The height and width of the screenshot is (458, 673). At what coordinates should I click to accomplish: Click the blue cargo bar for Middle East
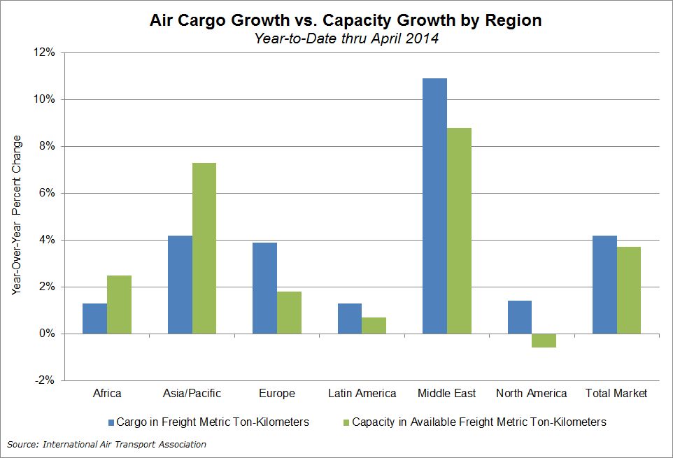pyautogui.click(x=435, y=206)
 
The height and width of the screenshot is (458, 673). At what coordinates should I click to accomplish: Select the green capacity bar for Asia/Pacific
pyautogui.click(x=204, y=248)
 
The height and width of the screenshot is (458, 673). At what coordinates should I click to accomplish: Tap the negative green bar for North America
pyautogui.click(x=544, y=341)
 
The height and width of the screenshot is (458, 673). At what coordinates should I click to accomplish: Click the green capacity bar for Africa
pyautogui.click(x=119, y=304)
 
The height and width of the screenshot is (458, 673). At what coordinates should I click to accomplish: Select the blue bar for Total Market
pyautogui.click(x=604, y=285)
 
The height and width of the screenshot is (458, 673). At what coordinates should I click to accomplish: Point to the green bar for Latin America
pyautogui.click(x=374, y=325)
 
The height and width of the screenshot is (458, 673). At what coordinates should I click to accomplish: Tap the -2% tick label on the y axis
pyautogui.click(x=45, y=380)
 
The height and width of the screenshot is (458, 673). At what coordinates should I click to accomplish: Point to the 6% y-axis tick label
pyautogui.click(x=47, y=193)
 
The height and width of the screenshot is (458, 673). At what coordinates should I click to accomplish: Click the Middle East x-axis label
pyautogui.click(x=446, y=393)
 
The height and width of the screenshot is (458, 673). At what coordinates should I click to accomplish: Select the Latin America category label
pyautogui.click(x=362, y=393)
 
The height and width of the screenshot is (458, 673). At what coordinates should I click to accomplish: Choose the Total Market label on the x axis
pyautogui.click(x=616, y=393)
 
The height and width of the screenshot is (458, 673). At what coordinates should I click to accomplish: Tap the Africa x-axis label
pyautogui.click(x=107, y=393)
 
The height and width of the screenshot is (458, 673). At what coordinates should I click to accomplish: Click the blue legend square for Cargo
pyautogui.click(x=110, y=422)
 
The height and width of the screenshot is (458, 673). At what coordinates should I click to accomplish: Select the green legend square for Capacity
pyautogui.click(x=344, y=422)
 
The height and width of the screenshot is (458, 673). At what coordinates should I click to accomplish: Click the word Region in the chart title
pyautogui.click(x=513, y=20)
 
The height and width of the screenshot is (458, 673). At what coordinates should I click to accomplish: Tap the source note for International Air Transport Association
pyautogui.click(x=107, y=444)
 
